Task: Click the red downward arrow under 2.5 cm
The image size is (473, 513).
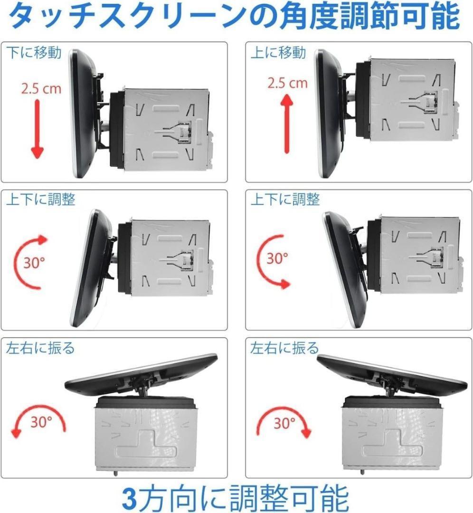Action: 38,129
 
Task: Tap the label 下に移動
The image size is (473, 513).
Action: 34,52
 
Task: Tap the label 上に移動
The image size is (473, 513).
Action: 278,52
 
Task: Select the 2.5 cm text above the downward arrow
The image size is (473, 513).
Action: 41,89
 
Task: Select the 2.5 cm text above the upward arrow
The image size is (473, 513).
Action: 287,83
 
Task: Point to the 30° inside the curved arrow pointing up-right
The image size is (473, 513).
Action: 34,262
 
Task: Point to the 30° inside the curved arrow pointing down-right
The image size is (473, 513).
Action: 277,258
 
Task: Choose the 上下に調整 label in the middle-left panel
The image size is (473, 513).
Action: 41,199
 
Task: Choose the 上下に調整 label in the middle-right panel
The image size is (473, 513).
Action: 285,199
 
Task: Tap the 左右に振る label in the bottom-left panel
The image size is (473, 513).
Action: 40,348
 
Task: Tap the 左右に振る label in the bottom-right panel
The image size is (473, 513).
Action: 284,348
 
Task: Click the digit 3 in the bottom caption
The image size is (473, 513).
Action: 130,498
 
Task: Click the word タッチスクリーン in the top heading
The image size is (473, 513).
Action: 128,15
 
